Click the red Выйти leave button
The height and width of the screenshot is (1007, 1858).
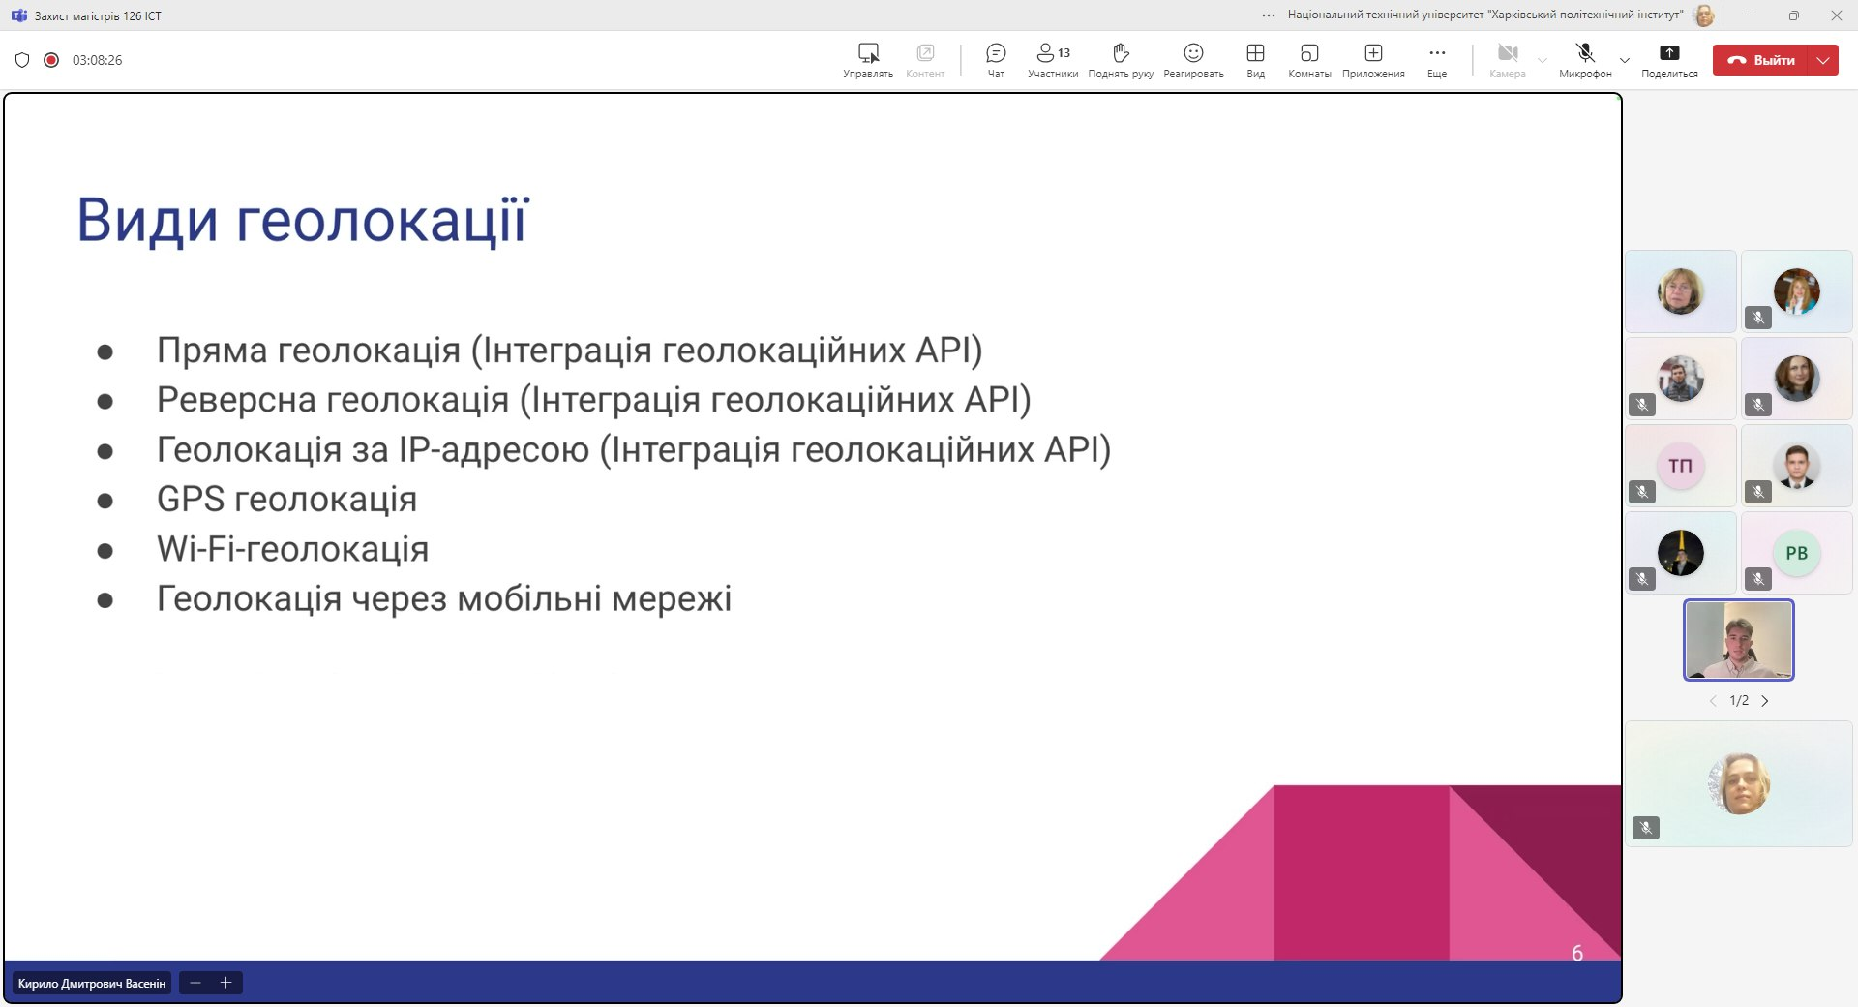coord(1761,60)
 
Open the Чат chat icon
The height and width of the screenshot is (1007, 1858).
coord(996,53)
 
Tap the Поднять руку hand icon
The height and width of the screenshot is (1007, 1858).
coord(1121,53)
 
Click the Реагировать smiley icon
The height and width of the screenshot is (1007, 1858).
coord(1193,53)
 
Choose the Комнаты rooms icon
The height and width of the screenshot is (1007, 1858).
coord(1309,53)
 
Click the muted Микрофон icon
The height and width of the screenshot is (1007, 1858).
coord(1585,53)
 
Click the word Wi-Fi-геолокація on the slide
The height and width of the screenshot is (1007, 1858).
coord(292,549)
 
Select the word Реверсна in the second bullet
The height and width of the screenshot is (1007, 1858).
coord(236,400)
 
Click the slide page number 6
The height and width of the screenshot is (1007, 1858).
coord(1577,954)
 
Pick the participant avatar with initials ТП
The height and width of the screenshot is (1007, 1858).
coord(1681,466)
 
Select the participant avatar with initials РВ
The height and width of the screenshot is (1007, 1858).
coord(1797,553)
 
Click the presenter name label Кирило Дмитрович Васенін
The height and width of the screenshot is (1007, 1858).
coord(92,984)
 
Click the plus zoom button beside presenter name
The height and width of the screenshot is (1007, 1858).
coord(226,984)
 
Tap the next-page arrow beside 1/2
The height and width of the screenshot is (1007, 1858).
coord(1765,701)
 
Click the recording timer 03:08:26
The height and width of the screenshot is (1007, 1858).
coord(97,60)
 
